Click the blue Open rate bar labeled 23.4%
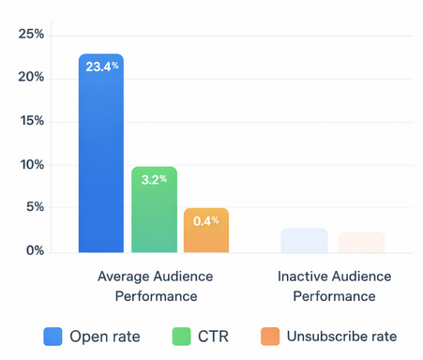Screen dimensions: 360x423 pyautogui.click(x=100, y=155)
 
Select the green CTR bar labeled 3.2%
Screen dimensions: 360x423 pyautogui.click(x=154, y=211)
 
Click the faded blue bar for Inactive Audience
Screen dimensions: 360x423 pyautogui.click(x=304, y=240)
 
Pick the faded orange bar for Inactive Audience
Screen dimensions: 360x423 pyautogui.click(x=361, y=242)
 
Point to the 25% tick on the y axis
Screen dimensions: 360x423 pyautogui.click(x=32, y=35)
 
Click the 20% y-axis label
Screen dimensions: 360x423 pyautogui.click(x=32, y=78)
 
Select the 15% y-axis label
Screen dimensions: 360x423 pyautogui.click(x=32, y=122)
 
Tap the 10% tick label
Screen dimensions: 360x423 pyautogui.click(x=32, y=165)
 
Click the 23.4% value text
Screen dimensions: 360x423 pyautogui.click(x=100, y=67)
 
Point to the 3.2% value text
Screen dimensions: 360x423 pyautogui.click(x=154, y=178)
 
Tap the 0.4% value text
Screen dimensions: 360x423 pyautogui.click(x=206, y=220)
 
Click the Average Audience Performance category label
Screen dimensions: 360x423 pyautogui.click(x=155, y=286)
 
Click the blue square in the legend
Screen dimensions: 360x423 pyautogui.click(x=53, y=336)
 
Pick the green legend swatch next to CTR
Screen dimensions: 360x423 pyautogui.click(x=184, y=336)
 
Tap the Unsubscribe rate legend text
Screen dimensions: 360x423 pyautogui.click(x=342, y=336)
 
